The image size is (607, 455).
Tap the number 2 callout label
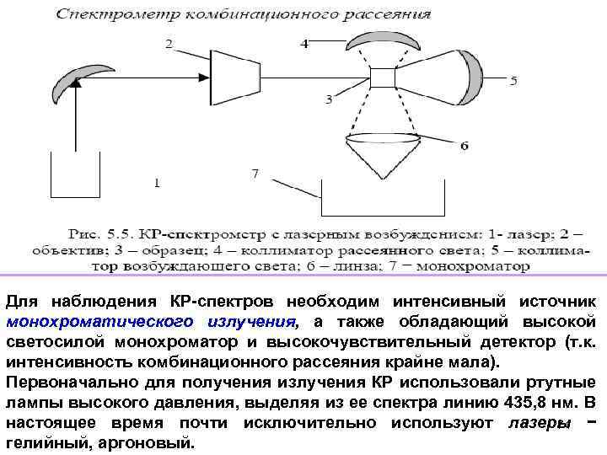[170, 44]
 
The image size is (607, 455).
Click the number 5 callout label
[513, 82]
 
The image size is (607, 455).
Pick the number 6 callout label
[465, 146]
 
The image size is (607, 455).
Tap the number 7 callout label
[255, 174]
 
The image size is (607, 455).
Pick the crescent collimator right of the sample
[469, 75]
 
